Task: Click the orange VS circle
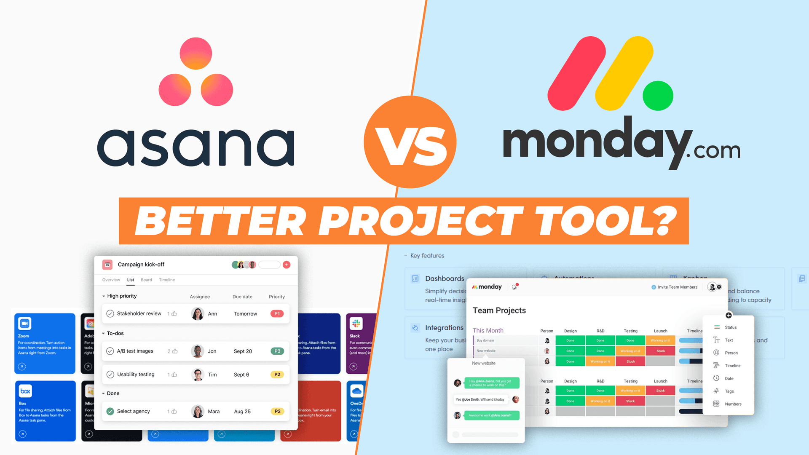pyautogui.click(x=410, y=142)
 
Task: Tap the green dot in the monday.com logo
pyautogui.click(x=658, y=96)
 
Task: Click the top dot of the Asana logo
pyautogui.click(x=196, y=54)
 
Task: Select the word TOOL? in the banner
pyautogui.click(x=607, y=221)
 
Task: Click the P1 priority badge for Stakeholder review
pyautogui.click(x=277, y=314)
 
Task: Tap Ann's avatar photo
pyautogui.click(x=198, y=314)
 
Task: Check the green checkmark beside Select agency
pyautogui.click(x=110, y=412)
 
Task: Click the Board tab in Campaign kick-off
pyautogui.click(x=146, y=280)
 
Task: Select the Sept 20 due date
pyautogui.click(x=243, y=351)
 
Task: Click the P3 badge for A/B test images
pyautogui.click(x=277, y=351)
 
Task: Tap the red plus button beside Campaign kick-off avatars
pyautogui.click(x=287, y=265)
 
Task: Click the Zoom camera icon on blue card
pyautogui.click(x=25, y=324)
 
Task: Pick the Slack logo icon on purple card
pyautogui.click(x=356, y=324)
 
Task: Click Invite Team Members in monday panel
pyautogui.click(x=677, y=287)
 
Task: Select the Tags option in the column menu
pyautogui.click(x=729, y=391)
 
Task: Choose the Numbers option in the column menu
pyautogui.click(x=733, y=404)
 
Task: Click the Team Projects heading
pyautogui.click(x=499, y=310)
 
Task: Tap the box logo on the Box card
pyautogui.click(x=25, y=391)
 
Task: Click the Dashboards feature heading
pyautogui.click(x=445, y=278)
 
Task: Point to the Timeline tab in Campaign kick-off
pyautogui.click(x=167, y=280)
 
